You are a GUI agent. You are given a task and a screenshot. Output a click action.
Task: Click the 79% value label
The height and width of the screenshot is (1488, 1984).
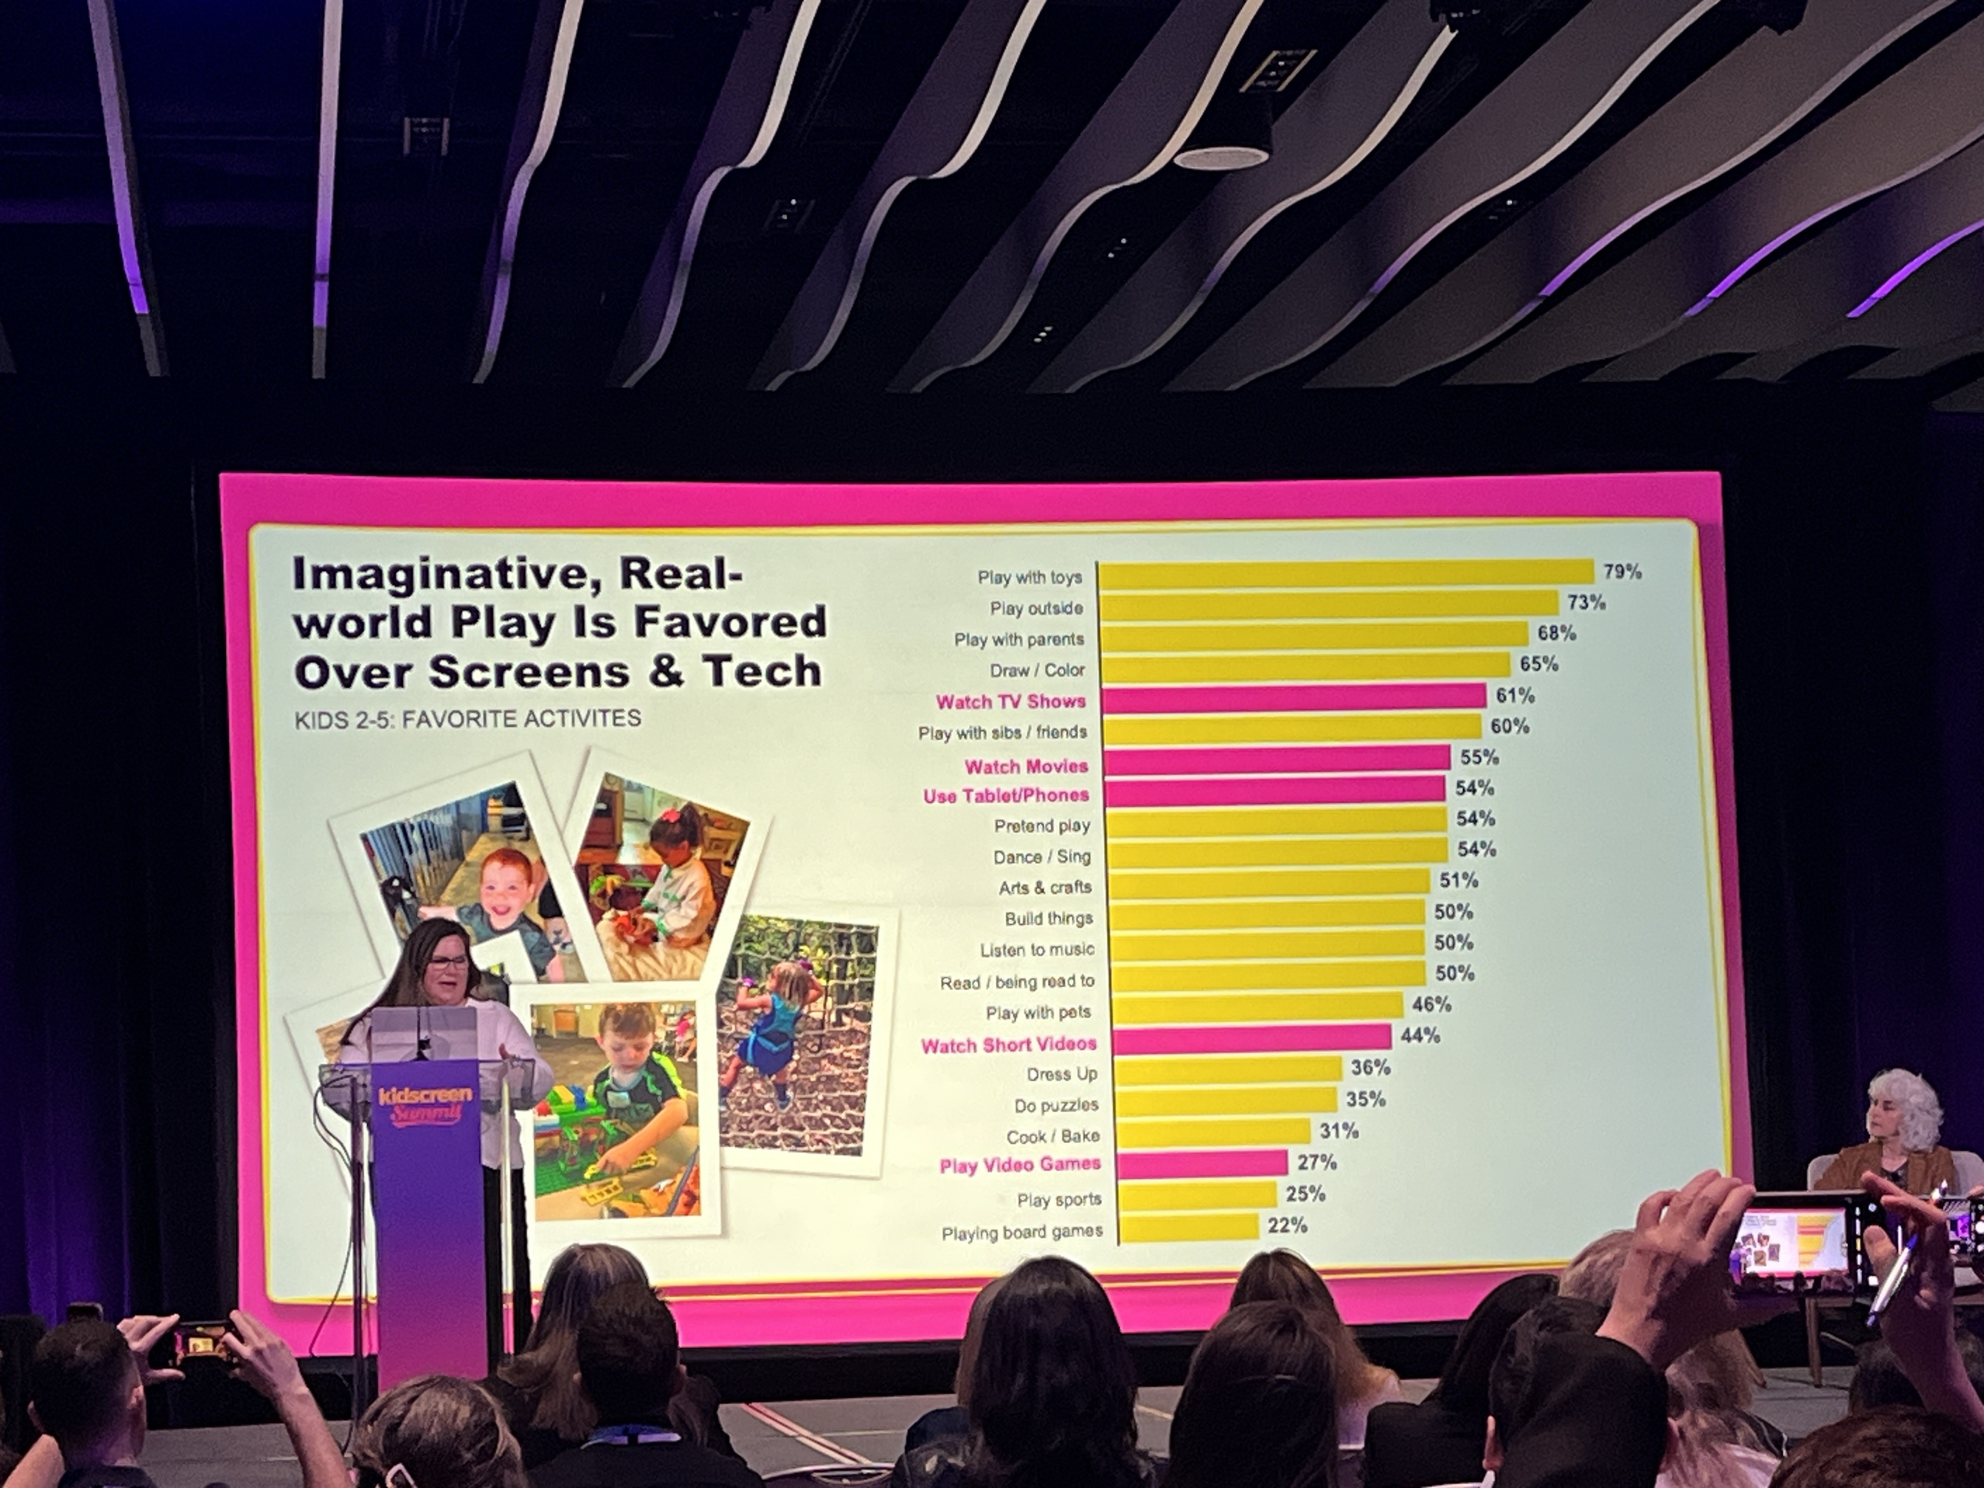click(x=1622, y=571)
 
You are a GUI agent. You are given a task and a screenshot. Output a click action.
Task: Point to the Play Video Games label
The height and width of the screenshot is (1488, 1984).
click(x=1020, y=1165)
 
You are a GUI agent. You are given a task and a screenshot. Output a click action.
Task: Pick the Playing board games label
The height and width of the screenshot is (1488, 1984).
click(x=1022, y=1233)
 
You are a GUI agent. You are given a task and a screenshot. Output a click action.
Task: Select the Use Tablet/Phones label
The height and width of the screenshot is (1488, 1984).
click(x=1005, y=796)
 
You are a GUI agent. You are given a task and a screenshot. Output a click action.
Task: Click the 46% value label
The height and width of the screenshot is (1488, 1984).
click(x=1431, y=1005)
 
